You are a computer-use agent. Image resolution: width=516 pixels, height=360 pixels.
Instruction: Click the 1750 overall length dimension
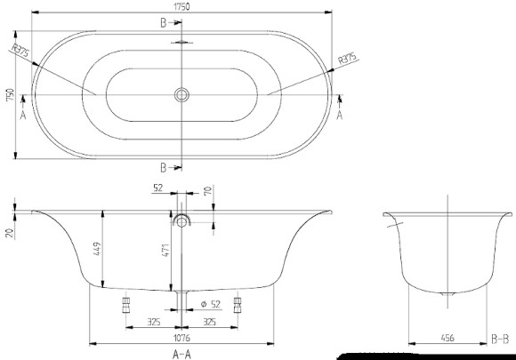coord(181,7)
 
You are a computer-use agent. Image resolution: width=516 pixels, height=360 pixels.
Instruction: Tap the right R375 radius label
coord(348,60)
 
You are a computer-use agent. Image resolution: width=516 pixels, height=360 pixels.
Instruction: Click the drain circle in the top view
coord(181,93)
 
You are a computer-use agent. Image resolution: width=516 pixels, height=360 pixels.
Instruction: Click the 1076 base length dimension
coord(181,338)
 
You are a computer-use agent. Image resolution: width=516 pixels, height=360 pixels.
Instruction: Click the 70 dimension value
coord(207,190)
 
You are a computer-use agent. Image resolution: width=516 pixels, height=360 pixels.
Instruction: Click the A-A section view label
coord(181,353)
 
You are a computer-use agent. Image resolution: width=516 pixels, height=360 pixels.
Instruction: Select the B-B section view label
coord(500,339)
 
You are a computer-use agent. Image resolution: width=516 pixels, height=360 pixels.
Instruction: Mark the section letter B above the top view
coord(164,20)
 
